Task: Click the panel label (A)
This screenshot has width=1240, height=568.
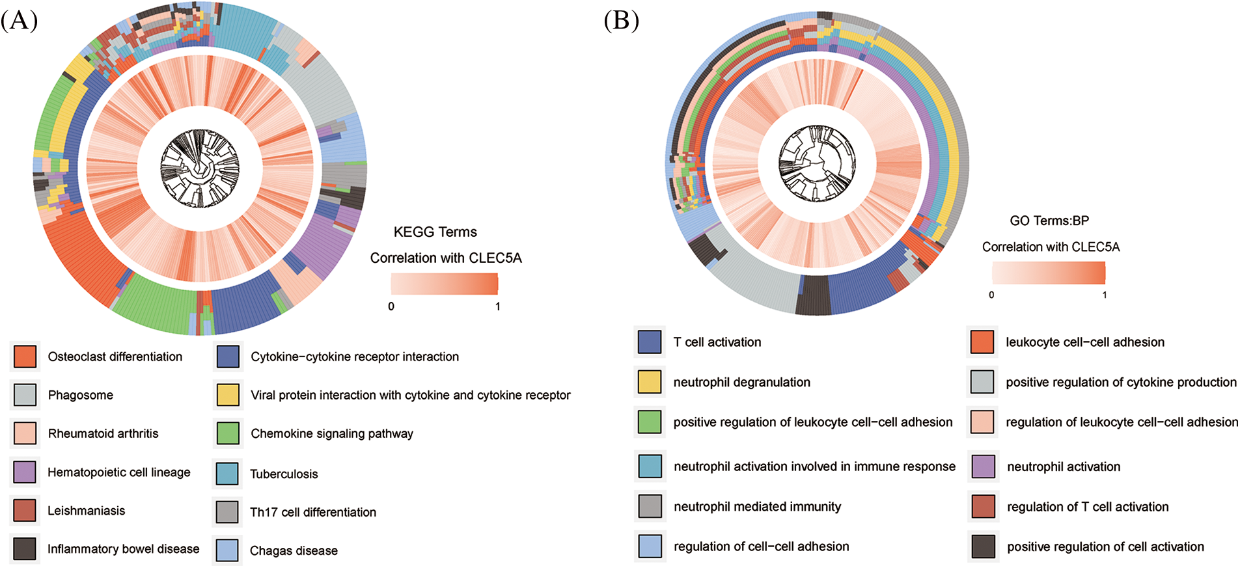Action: pyautogui.click(x=20, y=21)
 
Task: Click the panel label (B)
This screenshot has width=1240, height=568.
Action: pyautogui.click(x=621, y=21)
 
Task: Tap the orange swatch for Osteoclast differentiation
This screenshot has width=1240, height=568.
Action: pyautogui.click(x=25, y=357)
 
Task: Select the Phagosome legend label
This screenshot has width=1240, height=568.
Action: pyautogui.click(x=80, y=395)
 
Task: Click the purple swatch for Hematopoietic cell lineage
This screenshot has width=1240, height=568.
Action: pyautogui.click(x=25, y=472)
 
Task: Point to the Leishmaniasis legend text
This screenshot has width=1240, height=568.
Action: pyautogui.click(x=86, y=511)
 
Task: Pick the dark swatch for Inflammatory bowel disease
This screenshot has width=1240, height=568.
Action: pyautogui.click(x=25, y=549)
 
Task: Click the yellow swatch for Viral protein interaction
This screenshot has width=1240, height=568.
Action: pyautogui.click(x=228, y=395)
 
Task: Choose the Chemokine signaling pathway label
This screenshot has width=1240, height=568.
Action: pyautogui.click(x=331, y=433)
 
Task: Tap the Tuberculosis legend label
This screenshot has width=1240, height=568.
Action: pyautogui.click(x=284, y=474)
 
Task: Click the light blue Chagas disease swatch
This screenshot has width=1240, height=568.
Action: pyautogui.click(x=227, y=550)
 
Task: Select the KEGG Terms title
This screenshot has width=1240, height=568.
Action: pyautogui.click(x=435, y=232)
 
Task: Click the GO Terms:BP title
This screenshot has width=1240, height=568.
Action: pyautogui.click(x=1049, y=221)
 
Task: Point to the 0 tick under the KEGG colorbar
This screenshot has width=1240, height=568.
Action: pyautogui.click(x=391, y=306)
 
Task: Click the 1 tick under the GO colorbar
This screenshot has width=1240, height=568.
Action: pyautogui.click(x=1104, y=295)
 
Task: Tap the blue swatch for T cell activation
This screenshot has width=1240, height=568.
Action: pyautogui.click(x=650, y=342)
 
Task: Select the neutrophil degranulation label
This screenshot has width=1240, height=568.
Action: pyautogui.click(x=741, y=383)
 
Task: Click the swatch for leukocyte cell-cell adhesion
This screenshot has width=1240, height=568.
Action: pyautogui.click(x=982, y=342)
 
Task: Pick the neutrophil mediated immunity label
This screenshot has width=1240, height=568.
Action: pyautogui.click(x=757, y=507)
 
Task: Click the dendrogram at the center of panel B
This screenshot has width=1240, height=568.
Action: pyautogui.click(x=817, y=163)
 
